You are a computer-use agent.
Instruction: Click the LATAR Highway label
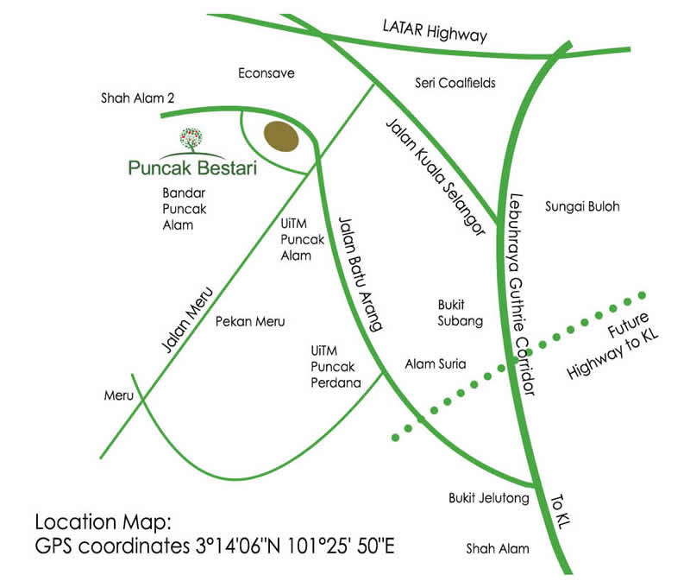pos(436,30)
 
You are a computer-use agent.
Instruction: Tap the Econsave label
pos(267,73)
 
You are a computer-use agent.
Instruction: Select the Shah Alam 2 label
pos(137,99)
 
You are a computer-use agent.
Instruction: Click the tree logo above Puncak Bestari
pos(193,138)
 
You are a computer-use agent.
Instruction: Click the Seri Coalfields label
pos(455,83)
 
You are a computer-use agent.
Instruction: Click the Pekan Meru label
pos(249,321)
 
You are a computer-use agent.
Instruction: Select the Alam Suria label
pos(436,364)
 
